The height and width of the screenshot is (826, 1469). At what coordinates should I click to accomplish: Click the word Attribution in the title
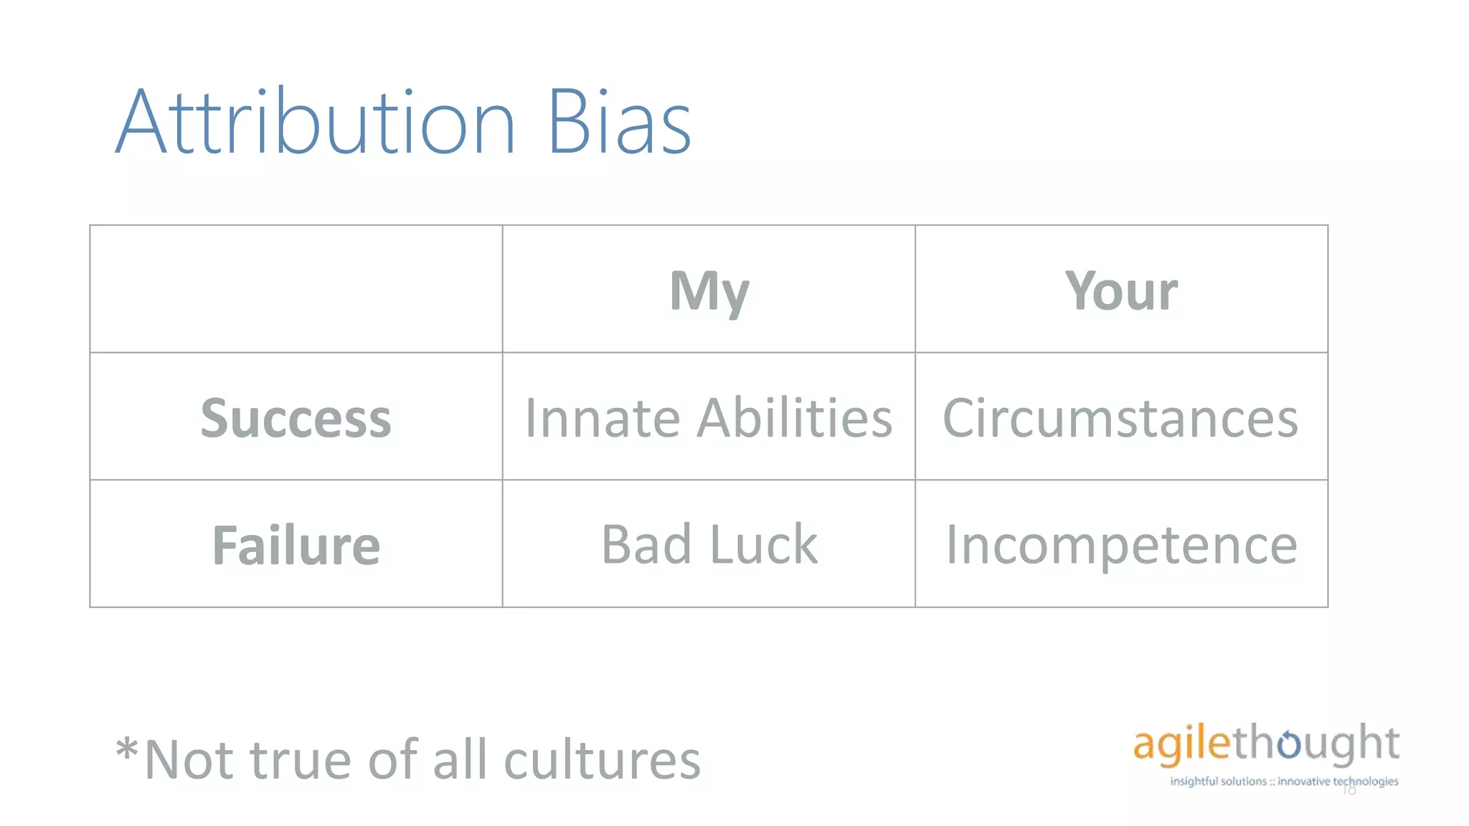[x=316, y=122]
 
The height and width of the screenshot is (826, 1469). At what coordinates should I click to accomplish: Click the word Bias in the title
[x=619, y=122]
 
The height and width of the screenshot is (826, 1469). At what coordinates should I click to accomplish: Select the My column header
[x=709, y=290]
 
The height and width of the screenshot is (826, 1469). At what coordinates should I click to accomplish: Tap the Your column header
[x=1121, y=290]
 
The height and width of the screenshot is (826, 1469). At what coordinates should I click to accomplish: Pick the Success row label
[x=296, y=418]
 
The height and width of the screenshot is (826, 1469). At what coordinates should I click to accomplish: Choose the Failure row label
[x=296, y=545]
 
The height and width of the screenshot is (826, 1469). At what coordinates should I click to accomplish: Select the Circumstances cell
[x=1120, y=418]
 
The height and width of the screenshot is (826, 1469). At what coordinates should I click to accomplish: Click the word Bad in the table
[x=646, y=545]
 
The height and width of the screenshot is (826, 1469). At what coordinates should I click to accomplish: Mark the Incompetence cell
[x=1121, y=545]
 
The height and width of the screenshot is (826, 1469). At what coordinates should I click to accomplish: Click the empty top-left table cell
[x=296, y=289]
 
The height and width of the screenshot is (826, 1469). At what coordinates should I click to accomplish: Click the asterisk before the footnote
[x=127, y=749]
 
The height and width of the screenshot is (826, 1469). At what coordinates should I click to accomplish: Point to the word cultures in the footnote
[x=603, y=760]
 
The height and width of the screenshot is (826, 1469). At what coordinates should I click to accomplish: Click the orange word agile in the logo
[x=1181, y=744]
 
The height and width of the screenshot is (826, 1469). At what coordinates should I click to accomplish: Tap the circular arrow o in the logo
[x=1288, y=744]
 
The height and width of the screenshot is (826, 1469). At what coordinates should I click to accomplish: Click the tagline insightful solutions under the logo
[x=1218, y=782]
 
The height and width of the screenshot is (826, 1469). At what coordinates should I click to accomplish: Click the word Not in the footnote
[x=192, y=760]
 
